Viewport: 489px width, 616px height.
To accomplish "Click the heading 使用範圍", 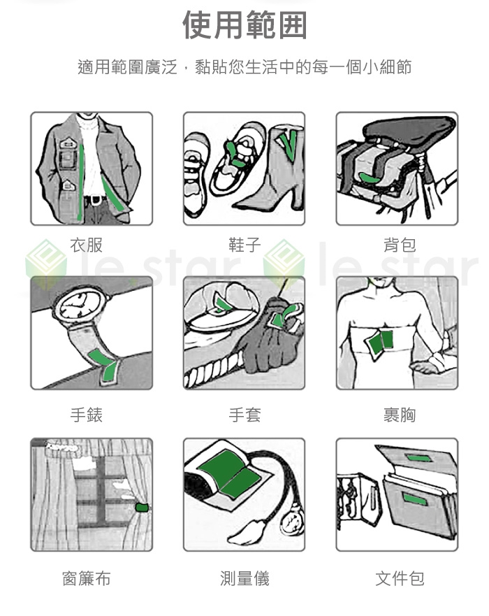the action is tap(245, 25).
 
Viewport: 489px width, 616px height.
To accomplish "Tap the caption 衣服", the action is tap(87, 245).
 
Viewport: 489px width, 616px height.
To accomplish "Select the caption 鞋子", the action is tap(245, 245).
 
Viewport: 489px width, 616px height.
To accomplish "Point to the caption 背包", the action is tap(400, 245).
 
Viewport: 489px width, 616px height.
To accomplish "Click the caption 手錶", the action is tap(87, 415).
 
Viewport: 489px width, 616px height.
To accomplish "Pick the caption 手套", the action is tap(245, 415).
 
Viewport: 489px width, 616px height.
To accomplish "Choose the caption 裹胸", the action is tap(400, 415).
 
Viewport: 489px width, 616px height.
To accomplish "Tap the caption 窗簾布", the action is tap(87, 578).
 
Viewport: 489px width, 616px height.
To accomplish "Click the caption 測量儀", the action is tap(245, 578).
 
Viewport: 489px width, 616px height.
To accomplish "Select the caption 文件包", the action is tap(400, 578).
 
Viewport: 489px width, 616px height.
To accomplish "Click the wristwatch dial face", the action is tap(79, 306).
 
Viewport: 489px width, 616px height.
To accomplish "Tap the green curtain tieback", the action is tap(141, 507).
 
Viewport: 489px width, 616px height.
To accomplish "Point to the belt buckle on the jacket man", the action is tap(94, 200).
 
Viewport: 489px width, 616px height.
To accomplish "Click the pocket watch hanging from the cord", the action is tap(292, 520).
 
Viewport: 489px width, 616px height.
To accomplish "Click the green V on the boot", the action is tap(289, 144).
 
